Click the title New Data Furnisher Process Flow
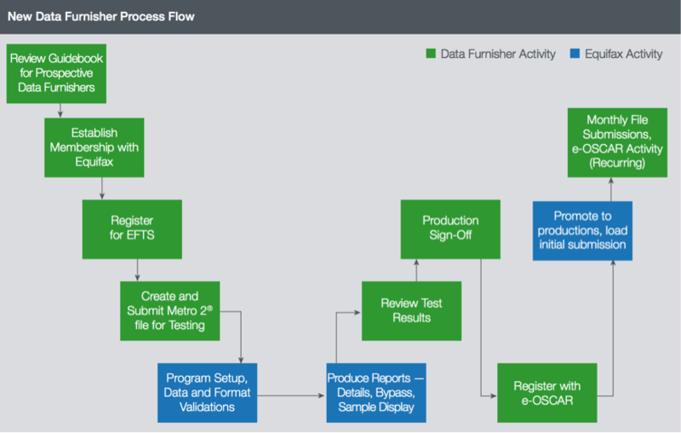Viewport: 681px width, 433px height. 101,16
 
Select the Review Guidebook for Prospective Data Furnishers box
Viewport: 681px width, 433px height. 56,73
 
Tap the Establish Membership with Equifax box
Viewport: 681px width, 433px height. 94,147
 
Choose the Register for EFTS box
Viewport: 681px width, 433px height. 132,229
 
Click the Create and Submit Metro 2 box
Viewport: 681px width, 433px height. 169,311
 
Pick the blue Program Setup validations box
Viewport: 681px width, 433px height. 207,393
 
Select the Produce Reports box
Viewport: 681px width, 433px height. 376,393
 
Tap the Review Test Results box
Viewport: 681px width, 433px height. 412,311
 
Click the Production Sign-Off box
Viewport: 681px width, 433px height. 450,229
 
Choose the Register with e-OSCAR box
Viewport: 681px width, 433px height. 547,393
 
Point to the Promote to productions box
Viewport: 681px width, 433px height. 582,231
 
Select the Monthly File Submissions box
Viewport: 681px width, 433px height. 618,142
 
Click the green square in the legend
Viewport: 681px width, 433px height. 431,54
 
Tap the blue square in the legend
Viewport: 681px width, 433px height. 575,54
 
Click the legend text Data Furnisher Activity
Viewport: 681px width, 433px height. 498,54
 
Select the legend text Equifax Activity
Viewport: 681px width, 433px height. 624,54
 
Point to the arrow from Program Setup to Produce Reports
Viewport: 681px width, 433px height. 291,395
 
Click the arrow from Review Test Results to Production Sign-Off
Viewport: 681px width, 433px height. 416,270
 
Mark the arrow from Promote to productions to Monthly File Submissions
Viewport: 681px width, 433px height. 611,189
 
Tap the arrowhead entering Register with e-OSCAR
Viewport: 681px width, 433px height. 494,395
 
